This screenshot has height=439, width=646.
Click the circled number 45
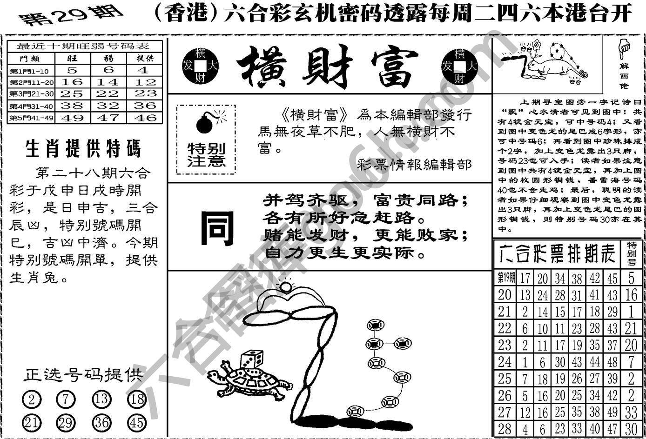click(137, 422)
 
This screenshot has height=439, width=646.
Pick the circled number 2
click(32, 399)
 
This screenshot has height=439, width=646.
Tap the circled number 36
click(102, 422)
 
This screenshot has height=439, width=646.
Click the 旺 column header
click(73, 58)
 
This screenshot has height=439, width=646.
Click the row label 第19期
click(506, 278)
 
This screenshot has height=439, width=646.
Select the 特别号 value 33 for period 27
click(631, 412)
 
